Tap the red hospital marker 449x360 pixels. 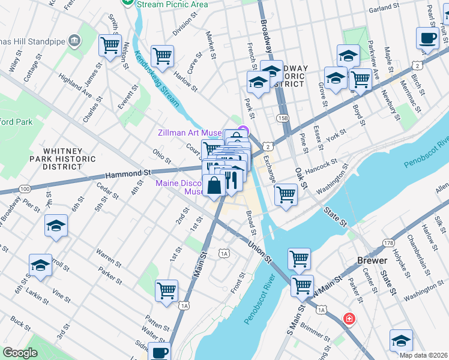coord(349,319)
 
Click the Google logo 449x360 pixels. coord(20,353)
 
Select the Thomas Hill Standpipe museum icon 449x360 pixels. coord(74,40)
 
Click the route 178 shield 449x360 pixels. coord(388,242)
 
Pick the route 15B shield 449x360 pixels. coord(283,118)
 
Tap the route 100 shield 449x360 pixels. coord(25,189)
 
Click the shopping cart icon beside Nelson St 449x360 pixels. coord(110,45)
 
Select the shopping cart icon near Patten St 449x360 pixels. coord(166,290)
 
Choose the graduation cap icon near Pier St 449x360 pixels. coord(56,226)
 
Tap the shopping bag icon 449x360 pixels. coord(214,185)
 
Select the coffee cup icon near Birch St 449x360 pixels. coord(427,38)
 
